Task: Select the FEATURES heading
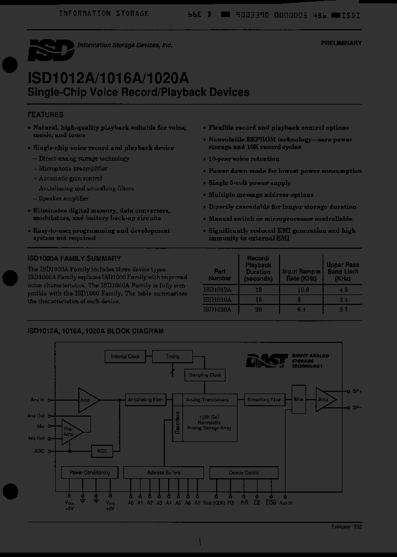coord(45,115)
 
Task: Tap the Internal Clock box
coord(125,357)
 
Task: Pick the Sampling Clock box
coord(205,375)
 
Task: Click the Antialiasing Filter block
coord(145,400)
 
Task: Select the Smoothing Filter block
coord(264,400)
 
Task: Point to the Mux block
coord(299,399)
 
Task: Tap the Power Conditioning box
coord(90,472)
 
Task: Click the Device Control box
coord(243,472)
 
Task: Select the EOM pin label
coord(271,503)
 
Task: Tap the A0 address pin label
coord(131,503)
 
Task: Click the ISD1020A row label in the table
coord(217,310)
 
